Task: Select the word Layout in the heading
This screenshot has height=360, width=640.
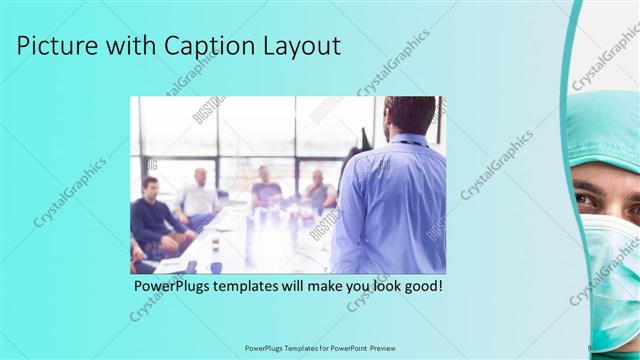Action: pyautogui.click(x=304, y=46)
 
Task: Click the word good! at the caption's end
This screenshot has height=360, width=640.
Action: pyautogui.click(x=420, y=287)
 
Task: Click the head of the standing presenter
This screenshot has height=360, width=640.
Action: pyautogui.click(x=409, y=115)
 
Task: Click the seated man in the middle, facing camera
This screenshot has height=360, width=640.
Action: pyautogui.click(x=265, y=188)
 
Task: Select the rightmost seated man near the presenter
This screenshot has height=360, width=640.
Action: pyautogui.click(x=318, y=190)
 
